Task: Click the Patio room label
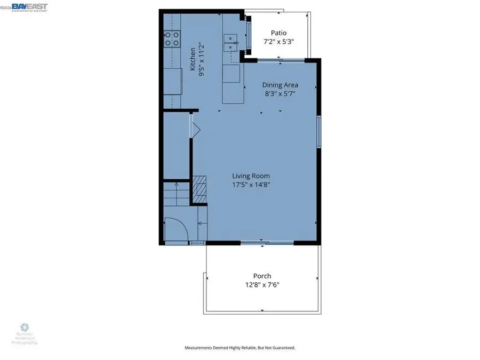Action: pyautogui.click(x=278, y=32)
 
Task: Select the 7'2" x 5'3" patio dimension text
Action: pyautogui.click(x=278, y=42)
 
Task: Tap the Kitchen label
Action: pyautogui.click(x=193, y=59)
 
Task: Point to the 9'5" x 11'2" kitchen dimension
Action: pyautogui.click(x=202, y=59)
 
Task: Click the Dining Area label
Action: pyautogui.click(x=279, y=84)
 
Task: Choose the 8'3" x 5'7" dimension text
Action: pyautogui.click(x=279, y=94)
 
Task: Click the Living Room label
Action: pyautogui.click(x=251, y=176)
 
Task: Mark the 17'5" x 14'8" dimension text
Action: pyautogui.click(x=251, y=186)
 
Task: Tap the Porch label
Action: pyautogui.click(x=262, y=276)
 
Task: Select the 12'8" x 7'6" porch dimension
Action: pyautogui.click(x=262, y=285)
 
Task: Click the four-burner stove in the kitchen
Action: pyautogui.click(x=172, y=38)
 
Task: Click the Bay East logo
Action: pyautogui.click(x=30, y=6)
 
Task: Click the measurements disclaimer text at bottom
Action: pyautogui.click(x=239, y=348)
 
